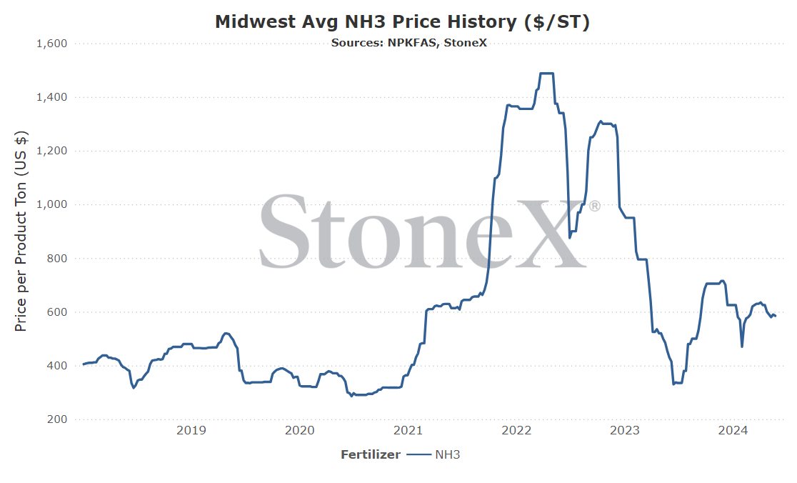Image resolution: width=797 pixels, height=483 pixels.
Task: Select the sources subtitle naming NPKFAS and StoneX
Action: (x=408, y=43)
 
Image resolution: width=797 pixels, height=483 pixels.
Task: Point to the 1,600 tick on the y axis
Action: (x=52, y=44)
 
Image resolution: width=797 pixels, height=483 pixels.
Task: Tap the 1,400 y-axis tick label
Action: (x=52, y=97)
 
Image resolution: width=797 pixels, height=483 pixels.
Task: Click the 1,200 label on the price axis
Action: (x=52, y=151)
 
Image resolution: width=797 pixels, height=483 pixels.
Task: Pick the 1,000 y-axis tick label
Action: (x=52, y=204)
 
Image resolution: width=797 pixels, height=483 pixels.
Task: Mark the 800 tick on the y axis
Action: (x=57, y=258)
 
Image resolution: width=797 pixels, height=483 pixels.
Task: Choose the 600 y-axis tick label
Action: (x=57, y=312)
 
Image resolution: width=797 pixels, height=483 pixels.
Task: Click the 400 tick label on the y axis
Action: (x=57, y=366)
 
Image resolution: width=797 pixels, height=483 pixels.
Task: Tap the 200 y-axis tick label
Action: (x=57, y=419)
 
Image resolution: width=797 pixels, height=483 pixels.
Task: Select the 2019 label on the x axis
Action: (x=191, y=431)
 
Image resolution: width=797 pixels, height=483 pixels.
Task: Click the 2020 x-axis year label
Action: (x=299, y=431)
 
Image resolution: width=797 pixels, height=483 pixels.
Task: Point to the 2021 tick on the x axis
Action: (x=408, y=431)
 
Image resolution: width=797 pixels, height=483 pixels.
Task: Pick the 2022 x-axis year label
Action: (x=516, y=431)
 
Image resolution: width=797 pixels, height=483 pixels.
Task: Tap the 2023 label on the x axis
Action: (x=625, y=431)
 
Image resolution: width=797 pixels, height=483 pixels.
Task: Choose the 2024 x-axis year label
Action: (x=733, y=431)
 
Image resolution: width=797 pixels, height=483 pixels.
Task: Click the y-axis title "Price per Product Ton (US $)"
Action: (x=21, y=231)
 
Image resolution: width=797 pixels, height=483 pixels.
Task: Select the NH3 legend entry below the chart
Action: (x=433, y=454)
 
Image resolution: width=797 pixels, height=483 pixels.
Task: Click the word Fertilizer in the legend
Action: (x=371, y=454)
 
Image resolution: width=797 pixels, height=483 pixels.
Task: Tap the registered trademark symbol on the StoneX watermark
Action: (x=594, y=206)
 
